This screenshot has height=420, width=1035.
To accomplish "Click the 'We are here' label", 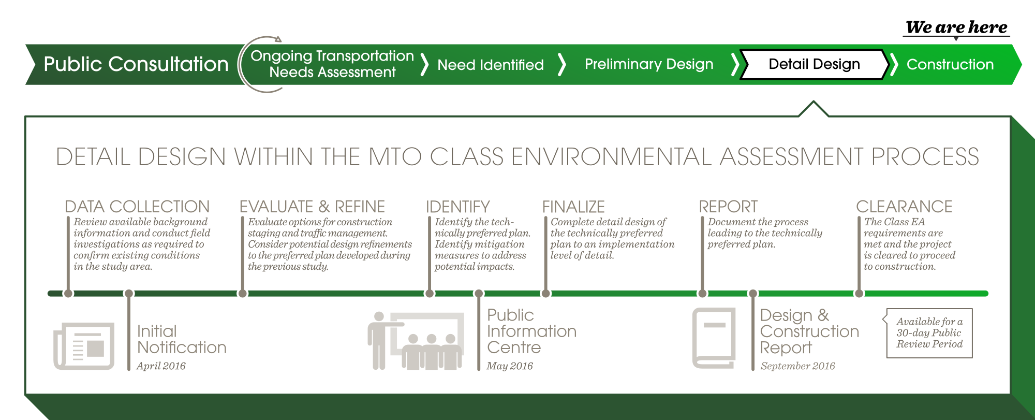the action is [957, 27].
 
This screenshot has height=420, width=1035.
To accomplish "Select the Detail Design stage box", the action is [815, 64].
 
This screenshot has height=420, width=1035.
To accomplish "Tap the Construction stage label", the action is [950, 64].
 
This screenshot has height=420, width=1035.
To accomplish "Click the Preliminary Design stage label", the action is [649, 64].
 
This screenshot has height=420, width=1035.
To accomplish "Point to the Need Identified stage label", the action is [491, 65].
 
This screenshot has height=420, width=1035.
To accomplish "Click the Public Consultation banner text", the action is [136, 64].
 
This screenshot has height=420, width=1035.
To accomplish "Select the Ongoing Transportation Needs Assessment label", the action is [332, 64].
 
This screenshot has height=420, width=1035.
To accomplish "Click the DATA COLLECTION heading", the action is [137, 207].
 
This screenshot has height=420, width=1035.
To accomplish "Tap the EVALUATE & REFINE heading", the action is [312, 207].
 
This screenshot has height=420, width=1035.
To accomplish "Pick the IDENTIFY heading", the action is [457, 207].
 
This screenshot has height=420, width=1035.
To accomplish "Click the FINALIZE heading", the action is [573, 207].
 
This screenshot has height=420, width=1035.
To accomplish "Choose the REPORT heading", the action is [728, 207].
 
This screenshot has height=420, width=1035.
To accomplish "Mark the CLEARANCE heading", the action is [904, 207].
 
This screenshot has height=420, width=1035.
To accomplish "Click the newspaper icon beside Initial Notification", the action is [84, 346].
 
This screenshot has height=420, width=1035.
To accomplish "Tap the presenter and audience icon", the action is [416, 341].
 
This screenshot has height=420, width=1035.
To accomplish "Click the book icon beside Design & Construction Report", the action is [714, 338].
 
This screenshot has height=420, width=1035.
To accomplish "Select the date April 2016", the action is [161, 366].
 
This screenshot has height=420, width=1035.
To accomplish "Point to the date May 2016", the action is [510, 366].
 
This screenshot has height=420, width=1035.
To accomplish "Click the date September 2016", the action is [797, 366].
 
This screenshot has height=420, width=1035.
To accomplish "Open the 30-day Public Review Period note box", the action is [929, 333].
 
